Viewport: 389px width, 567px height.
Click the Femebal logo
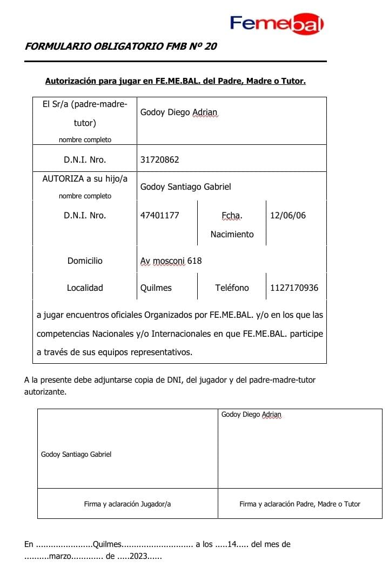[277, 23]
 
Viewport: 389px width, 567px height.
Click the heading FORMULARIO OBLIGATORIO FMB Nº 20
[120, 46]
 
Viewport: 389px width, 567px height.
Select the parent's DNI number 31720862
[159, 159]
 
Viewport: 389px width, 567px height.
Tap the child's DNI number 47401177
[159, 215]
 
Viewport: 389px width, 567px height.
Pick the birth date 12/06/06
[287, 215]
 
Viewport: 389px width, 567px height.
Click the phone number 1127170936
[294, 288]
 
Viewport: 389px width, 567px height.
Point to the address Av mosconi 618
[171, 261]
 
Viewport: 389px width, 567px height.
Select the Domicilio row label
[85, 261]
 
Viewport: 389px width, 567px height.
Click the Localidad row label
[85, 288]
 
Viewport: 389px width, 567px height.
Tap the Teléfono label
[232, 288]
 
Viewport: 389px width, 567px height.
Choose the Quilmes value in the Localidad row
[156, 288]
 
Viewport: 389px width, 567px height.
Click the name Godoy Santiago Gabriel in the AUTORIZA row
[185, 186]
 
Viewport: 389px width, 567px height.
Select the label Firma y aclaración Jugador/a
[128, 504]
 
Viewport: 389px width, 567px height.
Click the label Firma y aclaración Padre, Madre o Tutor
[300, 504]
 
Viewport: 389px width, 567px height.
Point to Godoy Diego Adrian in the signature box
[251, 415]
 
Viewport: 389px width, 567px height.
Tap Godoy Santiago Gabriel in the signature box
[76, 455]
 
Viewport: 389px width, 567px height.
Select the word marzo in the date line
[60, 556]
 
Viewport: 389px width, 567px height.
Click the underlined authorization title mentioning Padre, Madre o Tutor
[176, 82]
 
